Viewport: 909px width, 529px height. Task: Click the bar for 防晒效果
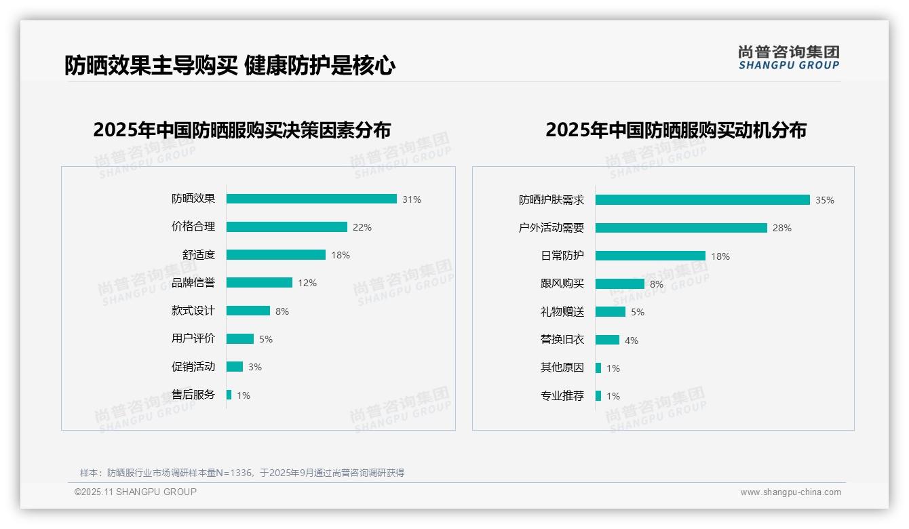click(x=311, y=199)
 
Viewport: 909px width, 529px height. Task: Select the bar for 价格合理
click(x=286, y=227)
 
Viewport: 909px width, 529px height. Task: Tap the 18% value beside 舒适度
click(x=341, y=255)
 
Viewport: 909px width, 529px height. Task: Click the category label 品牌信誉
click(x=193, y=283)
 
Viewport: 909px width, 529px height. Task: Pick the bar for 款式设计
click(x=248, y=311)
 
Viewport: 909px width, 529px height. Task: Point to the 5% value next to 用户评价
click(x=266, y=339)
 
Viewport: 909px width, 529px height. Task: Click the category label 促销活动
click(x=193, y=367)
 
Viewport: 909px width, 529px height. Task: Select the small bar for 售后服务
click(x=229, y=395)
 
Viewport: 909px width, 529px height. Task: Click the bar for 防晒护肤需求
click(x=702, y=200)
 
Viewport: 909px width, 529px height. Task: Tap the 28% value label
click(x=782, y=228)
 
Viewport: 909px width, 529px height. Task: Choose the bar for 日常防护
click(x=650, y=256)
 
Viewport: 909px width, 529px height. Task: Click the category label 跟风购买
click(x=562, y=284)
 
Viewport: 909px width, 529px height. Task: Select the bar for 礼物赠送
click(x=611, y=312)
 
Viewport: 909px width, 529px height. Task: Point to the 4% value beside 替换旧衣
click(x=632, y=340)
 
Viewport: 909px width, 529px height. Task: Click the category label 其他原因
click(x=562, y=368)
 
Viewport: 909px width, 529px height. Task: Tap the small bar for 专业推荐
click(x=598, y=396)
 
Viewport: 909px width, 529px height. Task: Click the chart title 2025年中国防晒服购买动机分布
click(x=676, y=130)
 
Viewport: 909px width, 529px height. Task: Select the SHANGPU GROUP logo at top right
click(x=789, y=57)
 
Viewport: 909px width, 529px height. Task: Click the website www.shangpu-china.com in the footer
click(x=790, y=492)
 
